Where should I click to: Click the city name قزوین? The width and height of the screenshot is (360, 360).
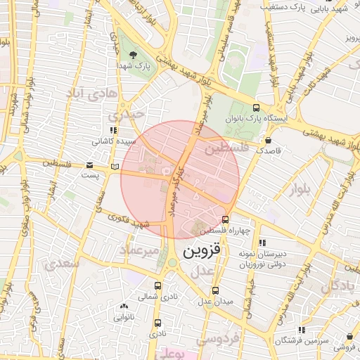tap(201, 250)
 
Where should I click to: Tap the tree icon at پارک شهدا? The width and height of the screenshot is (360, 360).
tap(134, 56)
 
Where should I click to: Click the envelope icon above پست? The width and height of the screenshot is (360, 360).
tap(89, 165)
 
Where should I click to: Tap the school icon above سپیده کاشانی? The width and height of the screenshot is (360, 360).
tap(112, 131)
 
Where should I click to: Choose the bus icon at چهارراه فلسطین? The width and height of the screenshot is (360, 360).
tap(225, 219)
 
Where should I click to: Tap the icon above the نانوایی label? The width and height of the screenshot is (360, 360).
tap(124, 306)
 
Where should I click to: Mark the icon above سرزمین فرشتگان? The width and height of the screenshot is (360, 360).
tap(302, 329)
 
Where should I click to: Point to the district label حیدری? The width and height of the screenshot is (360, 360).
tap(126, 113)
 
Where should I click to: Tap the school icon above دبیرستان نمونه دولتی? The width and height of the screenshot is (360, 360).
tap(262, 243)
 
